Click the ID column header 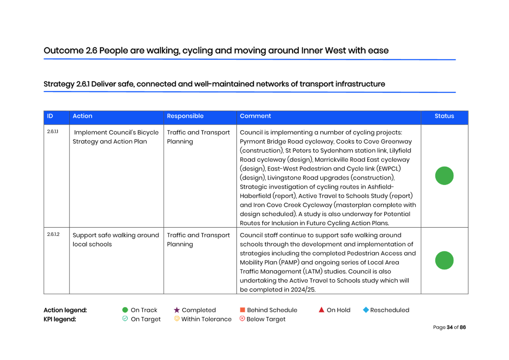coord(50,116)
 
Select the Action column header coord(82,116)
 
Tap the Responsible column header coord(185,116)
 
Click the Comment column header coord(255,116)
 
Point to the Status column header coord(444,116)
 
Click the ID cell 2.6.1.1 coord(52,132)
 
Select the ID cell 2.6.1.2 coord(53,234)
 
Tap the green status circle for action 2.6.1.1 coord(444,176)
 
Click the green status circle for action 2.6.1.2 coord(444,260)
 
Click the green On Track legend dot coord(125,310)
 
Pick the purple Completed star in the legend coord(176,310)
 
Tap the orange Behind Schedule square coord(243,310)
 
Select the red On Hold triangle coord(321,310)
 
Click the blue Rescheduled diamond coord(366,310)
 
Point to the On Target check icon coord(125,319)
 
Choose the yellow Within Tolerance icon coord(176,319)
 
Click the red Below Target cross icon coord(242,319)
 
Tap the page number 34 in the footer coord(450,327)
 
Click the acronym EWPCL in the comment coord(388,168)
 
